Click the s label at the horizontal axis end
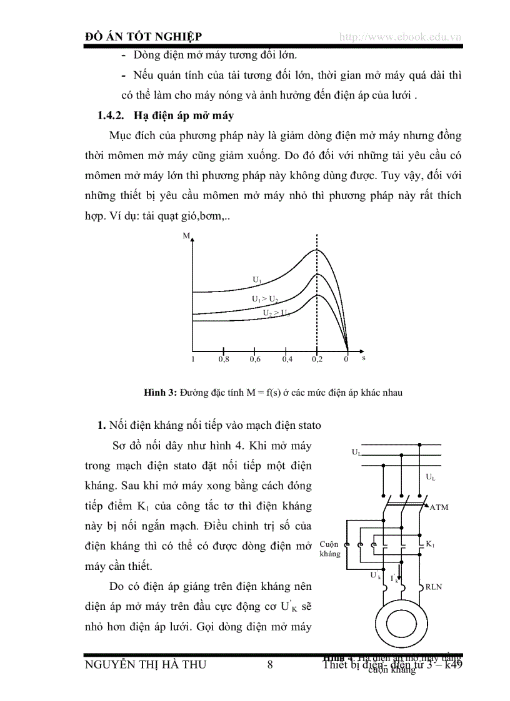coord(363,358)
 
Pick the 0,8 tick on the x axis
coord(223,360)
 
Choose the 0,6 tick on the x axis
coord(255,360)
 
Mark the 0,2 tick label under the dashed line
coord(317,360)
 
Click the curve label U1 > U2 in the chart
coord(265,299)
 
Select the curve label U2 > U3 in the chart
coord(276,313)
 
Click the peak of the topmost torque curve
coord(317,250)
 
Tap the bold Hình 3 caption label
coord(161,393)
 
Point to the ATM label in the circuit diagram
coord(439,507)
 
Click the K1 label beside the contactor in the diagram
coord(430,545)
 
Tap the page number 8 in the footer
coord(270,664)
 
